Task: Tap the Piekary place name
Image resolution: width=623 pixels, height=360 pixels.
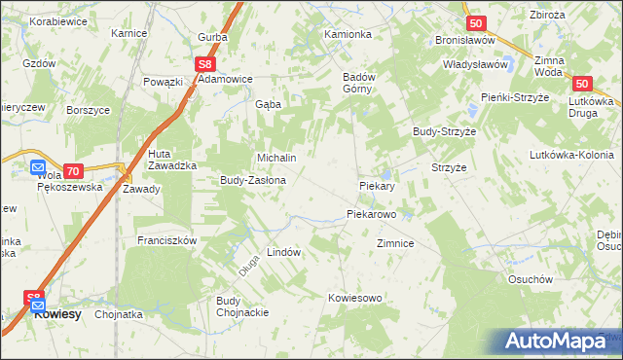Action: click(x=376, y=185)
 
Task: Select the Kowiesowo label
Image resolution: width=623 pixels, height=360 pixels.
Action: click(x=354, y=298)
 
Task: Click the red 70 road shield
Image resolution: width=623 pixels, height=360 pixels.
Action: click(x=72, y=169)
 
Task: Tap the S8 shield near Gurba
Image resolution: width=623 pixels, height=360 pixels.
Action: click(x=203, y=64)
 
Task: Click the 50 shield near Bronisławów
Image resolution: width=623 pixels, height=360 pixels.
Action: click(x=474, y=23)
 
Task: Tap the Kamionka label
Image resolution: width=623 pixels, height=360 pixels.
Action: click(x=348, y=34)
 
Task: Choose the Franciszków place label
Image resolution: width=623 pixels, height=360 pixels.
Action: click(x=167, y=240)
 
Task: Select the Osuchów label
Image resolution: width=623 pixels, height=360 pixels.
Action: click(x=531, y=279)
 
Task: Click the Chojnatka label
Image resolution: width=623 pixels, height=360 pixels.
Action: click(x=119, y=315)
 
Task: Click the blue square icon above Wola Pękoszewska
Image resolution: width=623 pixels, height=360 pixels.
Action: click(x=37, y=166)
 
